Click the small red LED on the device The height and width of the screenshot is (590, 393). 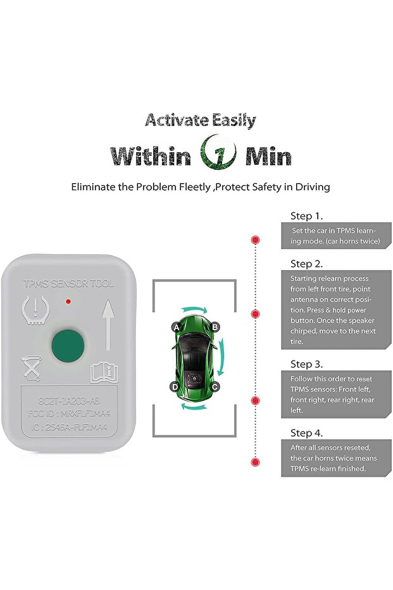pos(67,302)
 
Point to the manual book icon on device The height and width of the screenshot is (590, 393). pos(104,372)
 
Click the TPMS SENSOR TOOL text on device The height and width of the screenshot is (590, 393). pos(68,284)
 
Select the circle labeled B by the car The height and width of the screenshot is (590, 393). pos(215,327)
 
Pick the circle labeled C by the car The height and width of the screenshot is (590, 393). pos(215,386)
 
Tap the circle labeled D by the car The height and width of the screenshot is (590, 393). pos(175,387)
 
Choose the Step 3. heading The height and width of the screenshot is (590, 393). pos(306,364)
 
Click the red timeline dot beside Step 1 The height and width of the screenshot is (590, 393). pos(256,240)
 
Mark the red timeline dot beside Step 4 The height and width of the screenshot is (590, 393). pos(256,461)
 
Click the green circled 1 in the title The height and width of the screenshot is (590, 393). pos(218,154)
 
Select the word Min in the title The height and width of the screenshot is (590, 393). pos(268,156)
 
